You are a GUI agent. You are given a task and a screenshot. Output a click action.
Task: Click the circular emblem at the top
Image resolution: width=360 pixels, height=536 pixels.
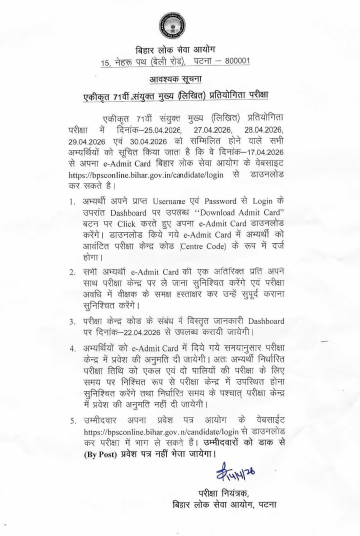(180, 23)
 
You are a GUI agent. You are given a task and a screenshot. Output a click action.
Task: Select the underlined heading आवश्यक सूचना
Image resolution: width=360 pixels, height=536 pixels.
(180, 83)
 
